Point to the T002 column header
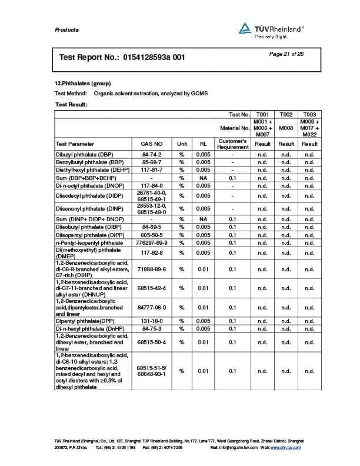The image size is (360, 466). pyautogui.click(x=286, y=114)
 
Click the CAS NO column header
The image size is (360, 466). pyautogui.click(x=152, y=144)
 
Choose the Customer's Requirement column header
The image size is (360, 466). pyautogui.click(x=233, y=144)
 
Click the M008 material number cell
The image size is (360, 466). pyautogui.click(x=286, y=127)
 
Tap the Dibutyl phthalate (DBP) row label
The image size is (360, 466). pyautogui.click(x=85, y=154)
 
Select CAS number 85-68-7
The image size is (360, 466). pyautogui.click(x=152, y=161)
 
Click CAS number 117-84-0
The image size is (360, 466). pyautogui.click(x=152, y=185)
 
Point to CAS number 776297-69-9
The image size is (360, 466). pyautogui.click(x=152, y=242)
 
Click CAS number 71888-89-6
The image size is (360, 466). pyautogui.click(x=152, y=269)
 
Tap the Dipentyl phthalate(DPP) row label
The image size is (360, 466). pyautogui.click(x=85, y=321)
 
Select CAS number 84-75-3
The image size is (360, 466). pyautogui.click(x=152, y=328)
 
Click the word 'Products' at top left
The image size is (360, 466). pyautogui.click(x=66, y=30)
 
